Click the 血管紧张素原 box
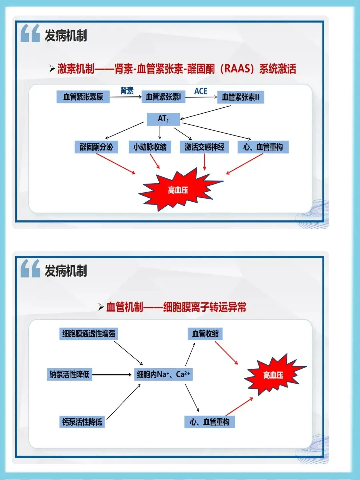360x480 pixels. pyautogui.click(x=83, y=97)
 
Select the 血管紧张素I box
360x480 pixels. pyautogui.click(x=163, y=97)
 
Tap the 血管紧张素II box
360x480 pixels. pyautogui.click(x=240, y=97)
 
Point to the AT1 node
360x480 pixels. pyautogui.click(x=163, y=119)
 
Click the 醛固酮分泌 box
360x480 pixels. pyautogui.click(x=96, y=147)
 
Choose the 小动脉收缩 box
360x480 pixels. pyautogui.click(x=150, y=147)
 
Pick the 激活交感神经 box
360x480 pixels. pyautogui.click(x=205, y=147)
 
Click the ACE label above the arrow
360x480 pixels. pyautogui.click(x=201, y=91)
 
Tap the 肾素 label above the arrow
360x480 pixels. pyautogui.click(x=127, y=91)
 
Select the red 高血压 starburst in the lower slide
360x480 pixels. pyautogui.click(x=273, y=375)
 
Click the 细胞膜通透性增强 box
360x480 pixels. pyautogui.click(x=89, y=334)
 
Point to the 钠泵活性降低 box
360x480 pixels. pyautogui.click(x=70, y=374)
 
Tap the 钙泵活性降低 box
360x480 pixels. pyautogui.click(x=82, y=422)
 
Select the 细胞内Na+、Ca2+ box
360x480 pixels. pyautogui.click(x=163, y=374)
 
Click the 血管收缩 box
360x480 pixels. pyautogui.click(x=205, y=334)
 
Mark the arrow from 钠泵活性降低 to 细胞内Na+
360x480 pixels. pyautogui.click(x=112, y=375)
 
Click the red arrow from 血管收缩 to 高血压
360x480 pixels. pyautogui.click(x=226, y=353)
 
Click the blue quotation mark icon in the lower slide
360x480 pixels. pyautogui.click(x=30, y=269)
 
